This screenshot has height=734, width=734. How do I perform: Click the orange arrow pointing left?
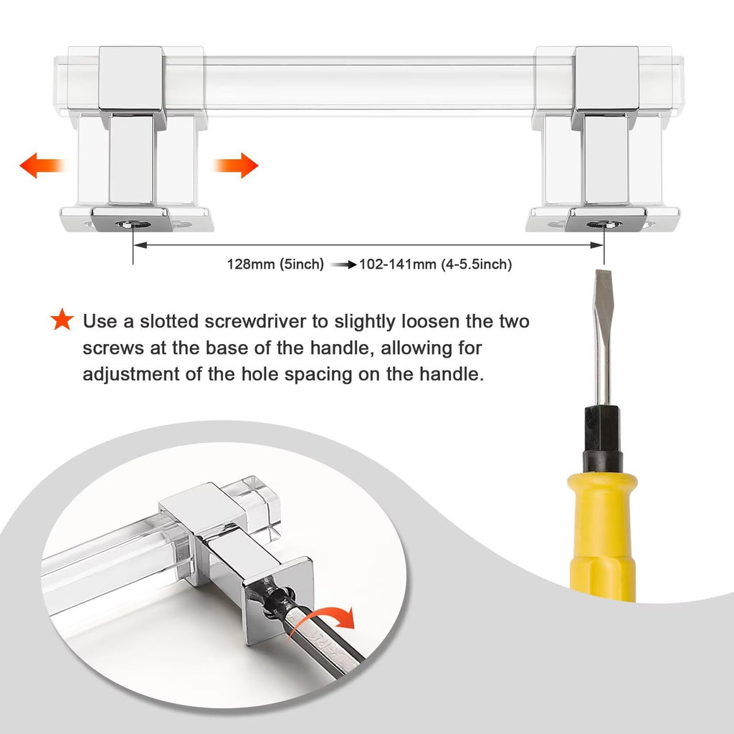(42, 166)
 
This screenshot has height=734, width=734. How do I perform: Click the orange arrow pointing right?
(235, 166)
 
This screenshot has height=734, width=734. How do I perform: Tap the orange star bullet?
(62, 319)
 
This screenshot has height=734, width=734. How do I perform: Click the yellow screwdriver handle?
(602, 536)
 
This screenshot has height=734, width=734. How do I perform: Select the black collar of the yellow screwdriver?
(602, 439)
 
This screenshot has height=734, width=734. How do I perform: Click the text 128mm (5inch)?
(275, 264)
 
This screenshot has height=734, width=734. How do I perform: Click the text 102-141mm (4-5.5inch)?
(435, 264)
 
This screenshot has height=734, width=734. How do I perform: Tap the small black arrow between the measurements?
(343, 265)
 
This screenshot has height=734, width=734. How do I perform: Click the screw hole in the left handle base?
(134, 224)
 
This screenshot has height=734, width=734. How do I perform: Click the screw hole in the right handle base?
(604, 224)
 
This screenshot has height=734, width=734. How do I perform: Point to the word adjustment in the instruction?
(131, 374)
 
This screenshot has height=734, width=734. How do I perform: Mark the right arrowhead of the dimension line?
(597, 245)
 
